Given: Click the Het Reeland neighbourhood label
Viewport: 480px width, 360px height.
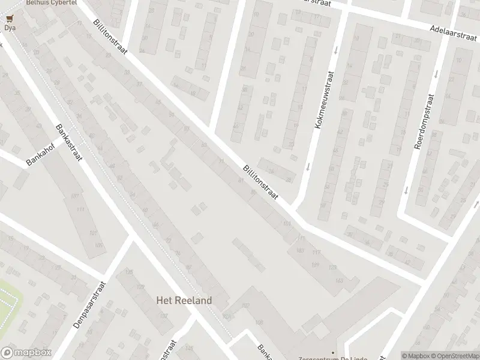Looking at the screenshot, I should click(x=184, y=300).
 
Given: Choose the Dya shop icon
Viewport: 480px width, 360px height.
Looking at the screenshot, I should click(x=9, y=19).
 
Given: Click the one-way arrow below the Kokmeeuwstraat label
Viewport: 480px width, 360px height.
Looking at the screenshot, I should click(x=307, y=167).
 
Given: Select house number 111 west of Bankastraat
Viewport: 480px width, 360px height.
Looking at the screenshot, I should click(x=80, y=209).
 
